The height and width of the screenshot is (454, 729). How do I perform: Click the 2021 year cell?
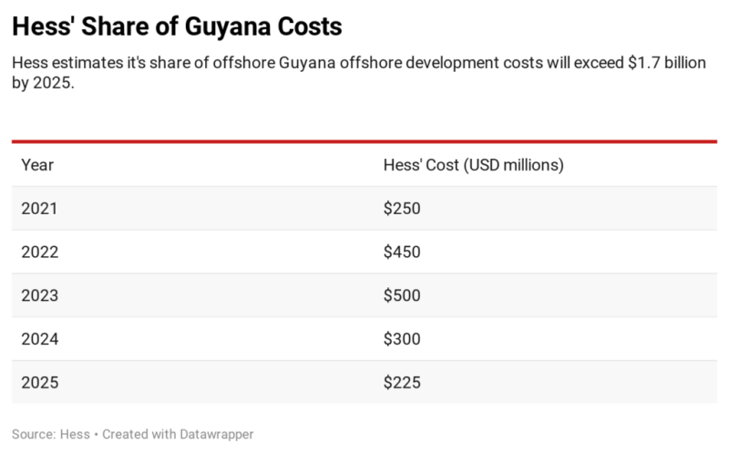click(39, 209)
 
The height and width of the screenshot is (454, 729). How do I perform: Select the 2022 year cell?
click(39, 253)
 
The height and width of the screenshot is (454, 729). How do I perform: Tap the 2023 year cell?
click(39, 295)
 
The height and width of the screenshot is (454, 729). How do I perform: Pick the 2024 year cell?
click(39, 339)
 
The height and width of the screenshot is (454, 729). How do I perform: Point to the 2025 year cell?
click(39, 383)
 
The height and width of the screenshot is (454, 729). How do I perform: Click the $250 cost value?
click(402, 209)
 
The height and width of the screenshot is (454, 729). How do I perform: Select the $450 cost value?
click(402, 253)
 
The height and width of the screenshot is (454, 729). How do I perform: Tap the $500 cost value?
click(402, 295)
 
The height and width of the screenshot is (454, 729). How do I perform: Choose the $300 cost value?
click(402, 339)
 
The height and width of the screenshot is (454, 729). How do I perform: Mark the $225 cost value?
click(402, 383)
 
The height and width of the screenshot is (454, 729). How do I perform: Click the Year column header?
click(37, 165)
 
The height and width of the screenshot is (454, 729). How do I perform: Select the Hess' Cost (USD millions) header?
click(473, 165)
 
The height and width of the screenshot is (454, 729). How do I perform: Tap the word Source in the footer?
click(30, 435)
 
